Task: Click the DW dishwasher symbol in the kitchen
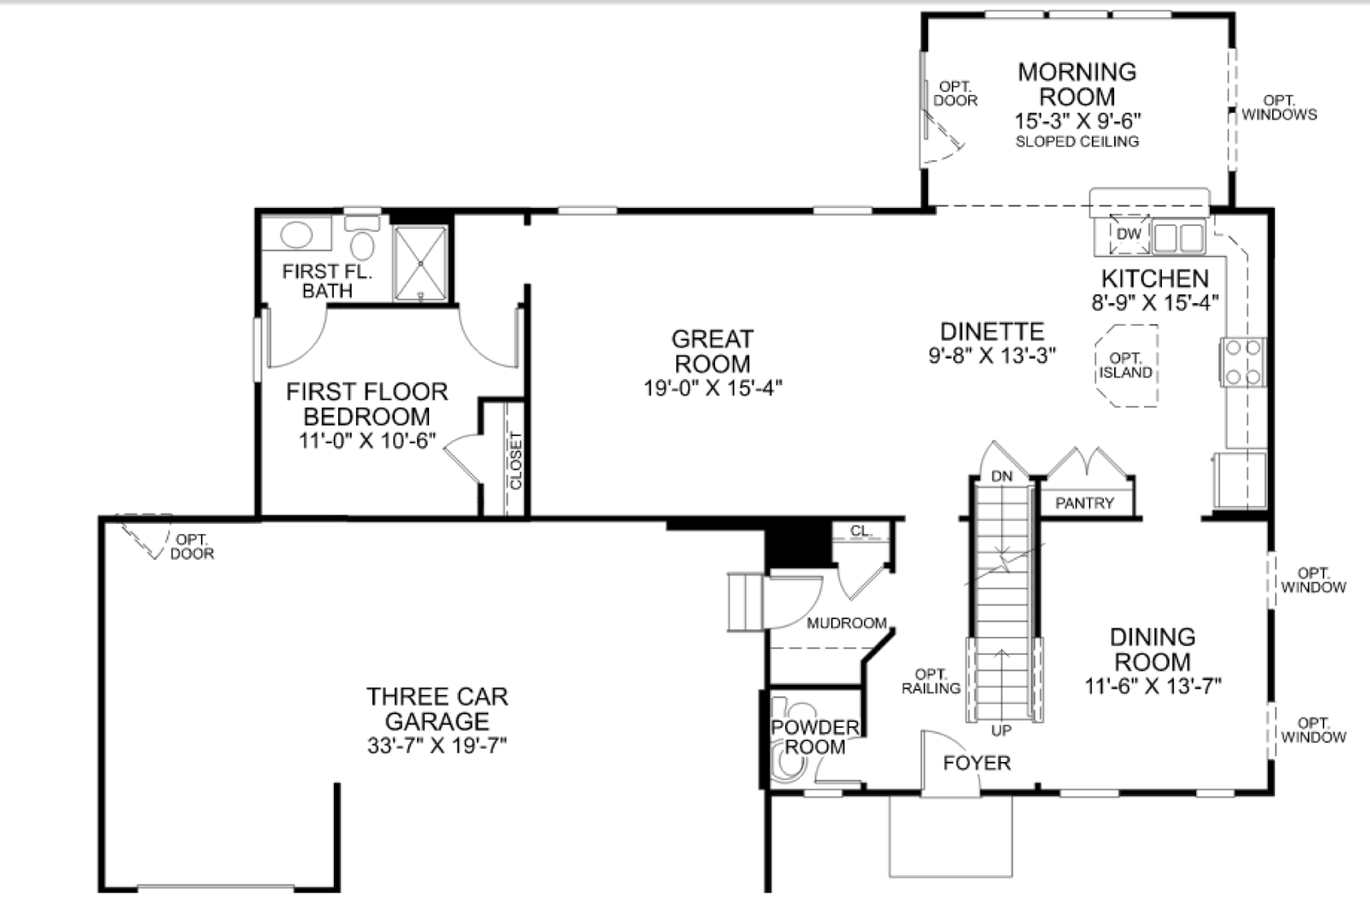coord(1129,235)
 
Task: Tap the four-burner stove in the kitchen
coord(1242,362)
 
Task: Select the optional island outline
coord(1126,365)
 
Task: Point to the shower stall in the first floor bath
coord(420,264)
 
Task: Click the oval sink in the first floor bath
coord(296,235)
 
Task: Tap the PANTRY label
coord(1084,503)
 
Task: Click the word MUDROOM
coord(847,623)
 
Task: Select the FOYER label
coord(977,763)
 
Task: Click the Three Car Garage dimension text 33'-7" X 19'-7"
coord(438,746)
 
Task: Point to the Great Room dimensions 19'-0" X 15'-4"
coord(712,388)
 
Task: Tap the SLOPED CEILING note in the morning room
coord(1077,142)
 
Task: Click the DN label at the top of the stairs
coord(1002,476)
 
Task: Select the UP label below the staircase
coord(1001,730)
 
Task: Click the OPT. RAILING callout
coord(931,682)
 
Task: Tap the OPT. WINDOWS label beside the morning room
coord(1279,108)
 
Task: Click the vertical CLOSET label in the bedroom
coord(515,461)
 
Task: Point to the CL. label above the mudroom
coord(861,531)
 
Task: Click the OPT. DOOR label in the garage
coord(193,546)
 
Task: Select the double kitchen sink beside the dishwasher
coord(1178,237)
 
